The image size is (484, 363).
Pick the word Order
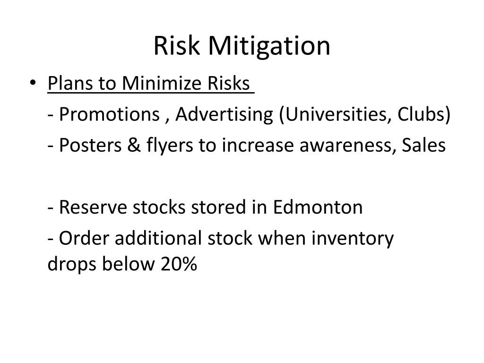[x=79, y=239]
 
